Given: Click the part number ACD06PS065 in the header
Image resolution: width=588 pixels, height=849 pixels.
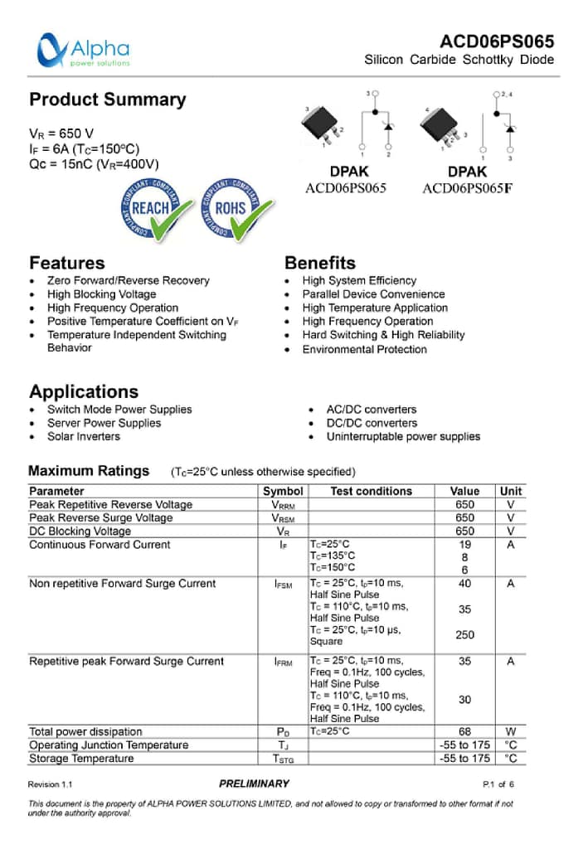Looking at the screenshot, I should [x=497, y=41].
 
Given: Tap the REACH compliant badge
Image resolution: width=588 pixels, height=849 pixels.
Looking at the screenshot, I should [x=153, y=208].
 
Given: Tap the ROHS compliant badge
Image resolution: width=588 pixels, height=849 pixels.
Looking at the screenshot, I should [x=234, y=208].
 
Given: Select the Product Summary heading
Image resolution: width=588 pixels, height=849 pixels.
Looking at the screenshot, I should [x=108, y=99].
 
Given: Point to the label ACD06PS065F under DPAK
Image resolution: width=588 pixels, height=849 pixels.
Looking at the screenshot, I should [x=467, y=188].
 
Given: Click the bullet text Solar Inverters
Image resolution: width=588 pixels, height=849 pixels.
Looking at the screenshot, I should [x=83, y=436].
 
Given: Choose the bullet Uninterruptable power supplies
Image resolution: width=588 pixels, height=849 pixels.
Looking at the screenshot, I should [x=403, y=436].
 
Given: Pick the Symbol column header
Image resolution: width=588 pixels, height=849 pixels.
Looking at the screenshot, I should [x=283, y=491].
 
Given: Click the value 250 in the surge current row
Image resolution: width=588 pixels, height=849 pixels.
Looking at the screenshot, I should [x=464, y=635].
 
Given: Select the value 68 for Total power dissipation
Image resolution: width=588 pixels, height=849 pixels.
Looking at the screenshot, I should [x=464, y=731].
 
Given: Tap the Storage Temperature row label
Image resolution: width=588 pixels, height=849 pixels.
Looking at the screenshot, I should [x=81, y=759].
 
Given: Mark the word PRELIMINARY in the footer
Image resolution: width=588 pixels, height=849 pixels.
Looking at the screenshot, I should [x=255, y=784].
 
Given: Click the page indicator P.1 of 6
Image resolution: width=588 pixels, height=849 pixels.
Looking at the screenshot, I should [x=498, y=784].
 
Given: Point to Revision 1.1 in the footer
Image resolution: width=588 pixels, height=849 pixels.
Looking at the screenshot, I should [x=51, y=784].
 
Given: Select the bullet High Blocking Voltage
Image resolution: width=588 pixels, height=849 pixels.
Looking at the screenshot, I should [x=101, y=294].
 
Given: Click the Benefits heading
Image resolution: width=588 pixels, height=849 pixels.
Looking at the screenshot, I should [x=319, y=263].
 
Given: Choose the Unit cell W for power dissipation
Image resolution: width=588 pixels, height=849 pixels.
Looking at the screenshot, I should [x=510, y=731].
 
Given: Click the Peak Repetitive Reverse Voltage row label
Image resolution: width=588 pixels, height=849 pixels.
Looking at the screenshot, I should [x=110, y=504].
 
